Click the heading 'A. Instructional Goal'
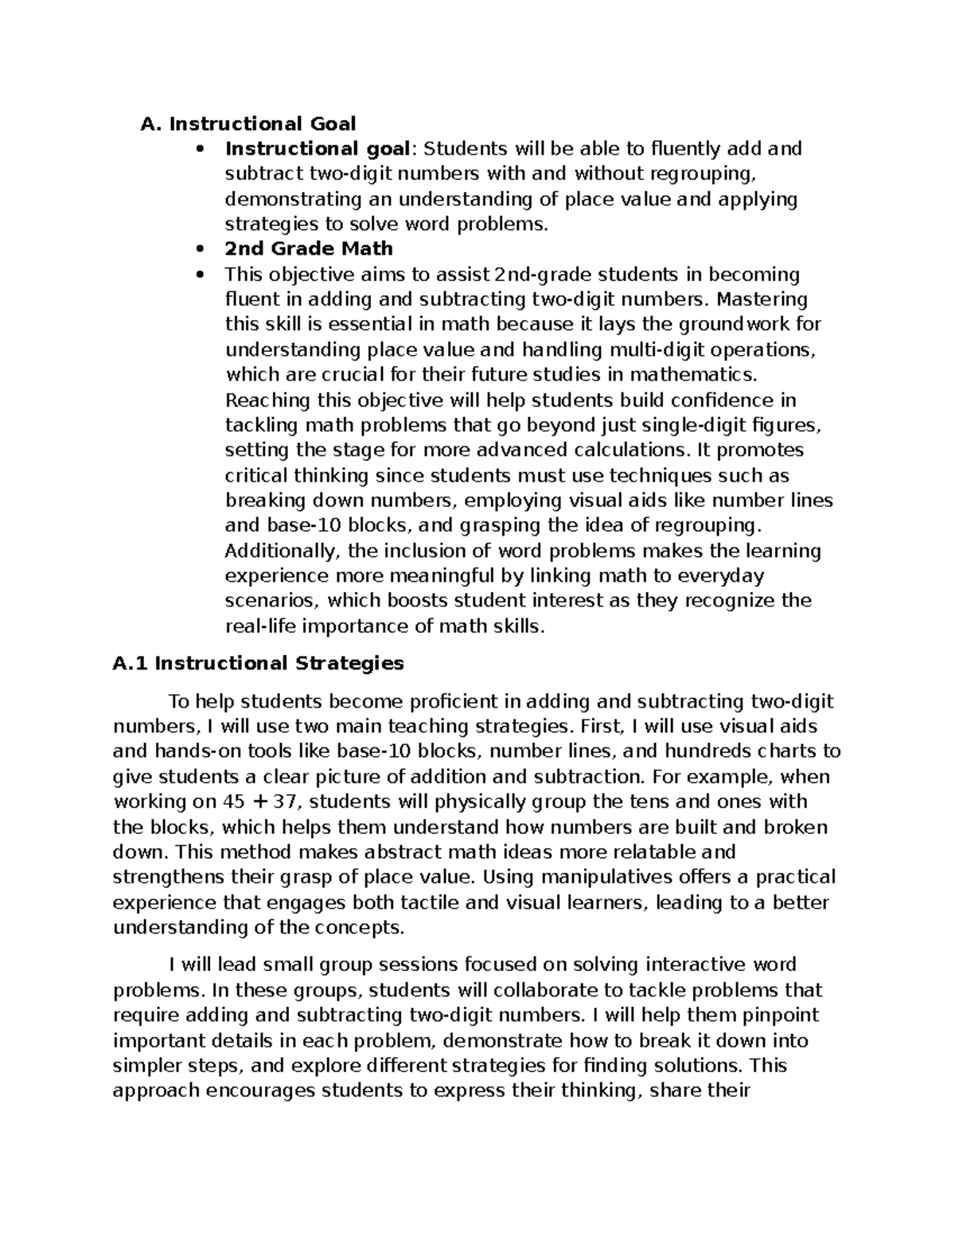[248, 123]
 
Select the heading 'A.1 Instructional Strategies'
[259, 663]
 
